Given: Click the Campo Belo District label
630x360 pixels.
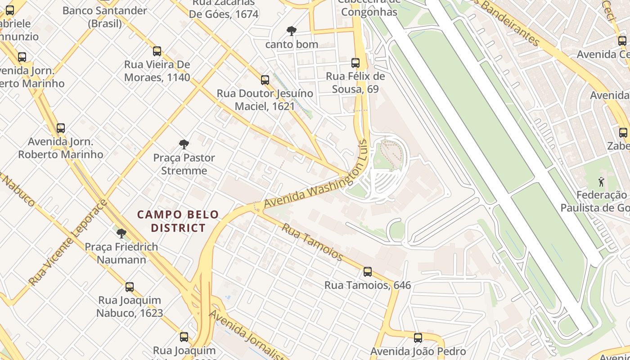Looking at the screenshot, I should (x=178, y=221).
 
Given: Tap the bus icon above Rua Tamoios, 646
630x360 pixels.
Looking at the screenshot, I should (x=368, y=272).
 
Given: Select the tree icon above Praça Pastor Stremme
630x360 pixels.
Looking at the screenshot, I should (x=184, y=144).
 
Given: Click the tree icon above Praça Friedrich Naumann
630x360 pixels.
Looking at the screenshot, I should (x=121, y=234).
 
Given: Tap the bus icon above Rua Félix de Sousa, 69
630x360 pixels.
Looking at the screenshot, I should (x=355, y=63).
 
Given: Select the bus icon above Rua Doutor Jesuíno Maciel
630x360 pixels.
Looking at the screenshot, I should (x=265, y=80).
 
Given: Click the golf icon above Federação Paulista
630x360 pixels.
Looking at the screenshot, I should (x=601, y=182).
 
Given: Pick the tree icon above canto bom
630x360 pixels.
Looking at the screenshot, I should (x=292, y=31).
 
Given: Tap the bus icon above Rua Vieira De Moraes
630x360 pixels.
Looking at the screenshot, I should (x=157, y=51).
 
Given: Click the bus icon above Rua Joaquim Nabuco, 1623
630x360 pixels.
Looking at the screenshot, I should (x=130, y=287).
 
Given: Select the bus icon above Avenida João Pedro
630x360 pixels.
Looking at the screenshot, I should (x=418, y=337).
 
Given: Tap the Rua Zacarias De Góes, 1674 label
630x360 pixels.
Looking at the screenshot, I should (x=224, y=9).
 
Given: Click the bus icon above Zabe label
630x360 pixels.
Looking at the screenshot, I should (x=623, y=133).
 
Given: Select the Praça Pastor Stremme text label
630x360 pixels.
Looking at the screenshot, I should (x=184, y=164).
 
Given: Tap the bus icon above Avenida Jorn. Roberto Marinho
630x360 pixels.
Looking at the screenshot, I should (x=61, y=128).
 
